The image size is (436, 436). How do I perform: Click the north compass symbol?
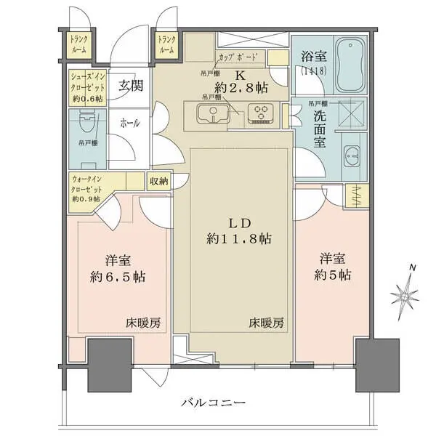(x=405, y=294)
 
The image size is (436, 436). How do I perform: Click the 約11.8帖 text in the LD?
(x=238, y=237)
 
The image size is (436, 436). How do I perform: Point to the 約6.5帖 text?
(x=116, y=276)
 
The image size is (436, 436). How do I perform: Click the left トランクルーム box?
(x=79, y=45)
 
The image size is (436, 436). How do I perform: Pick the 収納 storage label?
(x=159, y=182)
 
